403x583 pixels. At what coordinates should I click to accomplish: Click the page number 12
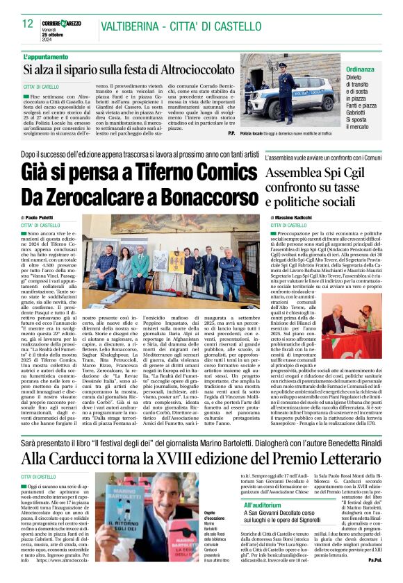27,24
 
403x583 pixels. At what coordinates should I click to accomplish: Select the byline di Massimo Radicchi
295,217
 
